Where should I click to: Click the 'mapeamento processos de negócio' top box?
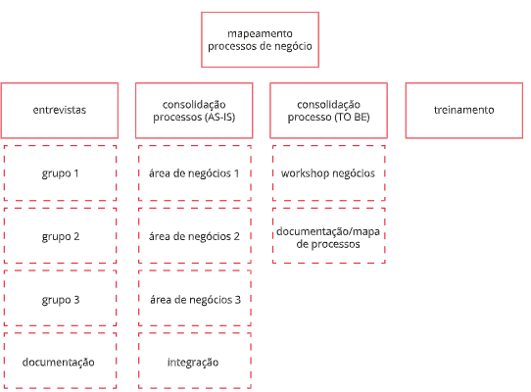coord(260,39)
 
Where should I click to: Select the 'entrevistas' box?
coord(60,111)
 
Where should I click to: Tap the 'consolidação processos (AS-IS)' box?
coord(194,111)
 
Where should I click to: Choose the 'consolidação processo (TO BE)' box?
coord(328,111)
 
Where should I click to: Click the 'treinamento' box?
coord(464,111)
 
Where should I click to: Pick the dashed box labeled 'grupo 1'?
coord(61,173)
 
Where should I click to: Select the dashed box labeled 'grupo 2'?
coord(61,236)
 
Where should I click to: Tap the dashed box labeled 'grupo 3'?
coord(61,298)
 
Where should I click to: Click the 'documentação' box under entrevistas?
coord(61,361)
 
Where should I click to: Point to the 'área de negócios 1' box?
coord(195,173)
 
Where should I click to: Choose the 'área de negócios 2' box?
coord(195,236)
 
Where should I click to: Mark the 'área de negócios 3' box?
coord(195,298)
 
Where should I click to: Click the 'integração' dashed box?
coord(195,361)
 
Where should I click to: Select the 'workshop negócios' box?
coord(329,173)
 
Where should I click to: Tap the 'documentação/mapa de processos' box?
coord(329,236)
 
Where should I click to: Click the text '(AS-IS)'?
coord(219,118)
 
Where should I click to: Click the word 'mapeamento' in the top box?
coord(260,34)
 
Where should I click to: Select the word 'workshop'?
coord(305,173)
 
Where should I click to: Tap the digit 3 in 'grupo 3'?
coord(76,300)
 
